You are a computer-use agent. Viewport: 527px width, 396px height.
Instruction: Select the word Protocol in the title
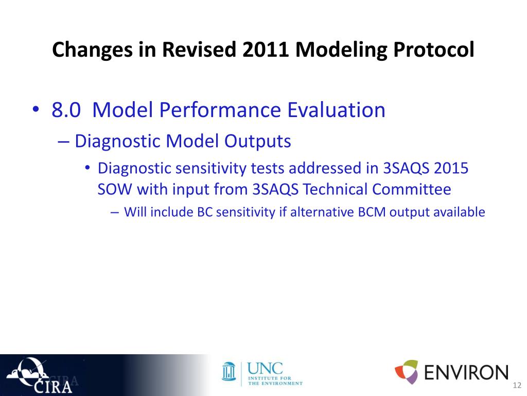point(433,50)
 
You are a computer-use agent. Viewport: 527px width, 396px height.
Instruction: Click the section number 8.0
point(66,110)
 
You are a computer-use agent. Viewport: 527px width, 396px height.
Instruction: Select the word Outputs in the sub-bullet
point(257,141)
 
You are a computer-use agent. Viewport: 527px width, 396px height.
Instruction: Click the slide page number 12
point(517,385)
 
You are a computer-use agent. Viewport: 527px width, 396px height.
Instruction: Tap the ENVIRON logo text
point(466,372)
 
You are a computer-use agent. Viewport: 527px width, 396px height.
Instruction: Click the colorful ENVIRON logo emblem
point(407,372)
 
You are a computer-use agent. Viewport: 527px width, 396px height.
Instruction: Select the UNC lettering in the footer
point(265,369)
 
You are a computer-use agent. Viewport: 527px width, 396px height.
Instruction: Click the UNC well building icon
point(229,372)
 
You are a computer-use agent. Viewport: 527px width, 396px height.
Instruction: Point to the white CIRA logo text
point(53,387)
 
